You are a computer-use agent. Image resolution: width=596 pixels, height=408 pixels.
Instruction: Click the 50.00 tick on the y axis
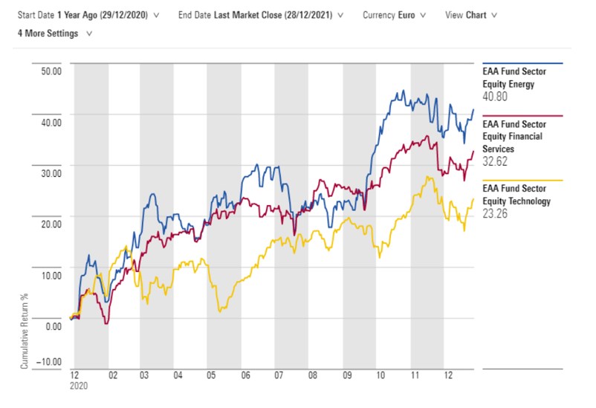click(50, 71)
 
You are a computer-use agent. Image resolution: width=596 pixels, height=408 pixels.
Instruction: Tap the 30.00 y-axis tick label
click(50, 172)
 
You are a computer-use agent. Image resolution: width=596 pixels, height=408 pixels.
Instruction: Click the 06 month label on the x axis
click(244, 376)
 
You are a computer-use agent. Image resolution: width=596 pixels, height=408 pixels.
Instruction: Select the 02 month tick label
click(111, 376)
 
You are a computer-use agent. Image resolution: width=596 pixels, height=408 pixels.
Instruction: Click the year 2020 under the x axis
click(78, 387)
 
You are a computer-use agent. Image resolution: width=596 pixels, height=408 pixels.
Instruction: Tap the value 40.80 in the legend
click(496, 97)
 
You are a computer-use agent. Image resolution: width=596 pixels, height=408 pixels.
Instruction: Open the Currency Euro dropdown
click(394, 15)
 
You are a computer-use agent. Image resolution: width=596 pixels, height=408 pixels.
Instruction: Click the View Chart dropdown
click(471, 15)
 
